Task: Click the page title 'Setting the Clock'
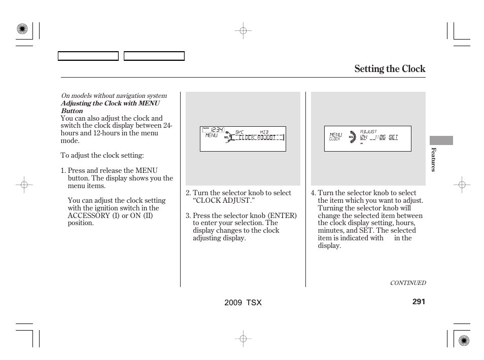[390, 69]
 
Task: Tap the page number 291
[419, 302]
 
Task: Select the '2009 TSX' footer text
[243, 302]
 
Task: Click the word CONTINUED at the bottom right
[407, 283]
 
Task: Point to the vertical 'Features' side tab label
[433, 159]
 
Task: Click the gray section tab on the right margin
[441, 140]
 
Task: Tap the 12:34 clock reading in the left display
[217, 130]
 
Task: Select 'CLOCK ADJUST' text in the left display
[257, 137]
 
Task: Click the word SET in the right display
[393, 137]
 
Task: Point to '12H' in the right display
[364, 137]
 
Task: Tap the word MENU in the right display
[335, 135]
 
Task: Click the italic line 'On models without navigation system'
[114, 96]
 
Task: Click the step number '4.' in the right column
[314, 193]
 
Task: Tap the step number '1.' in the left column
[63, 171]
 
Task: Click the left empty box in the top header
[88, 56]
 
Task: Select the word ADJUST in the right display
[368, 131]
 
